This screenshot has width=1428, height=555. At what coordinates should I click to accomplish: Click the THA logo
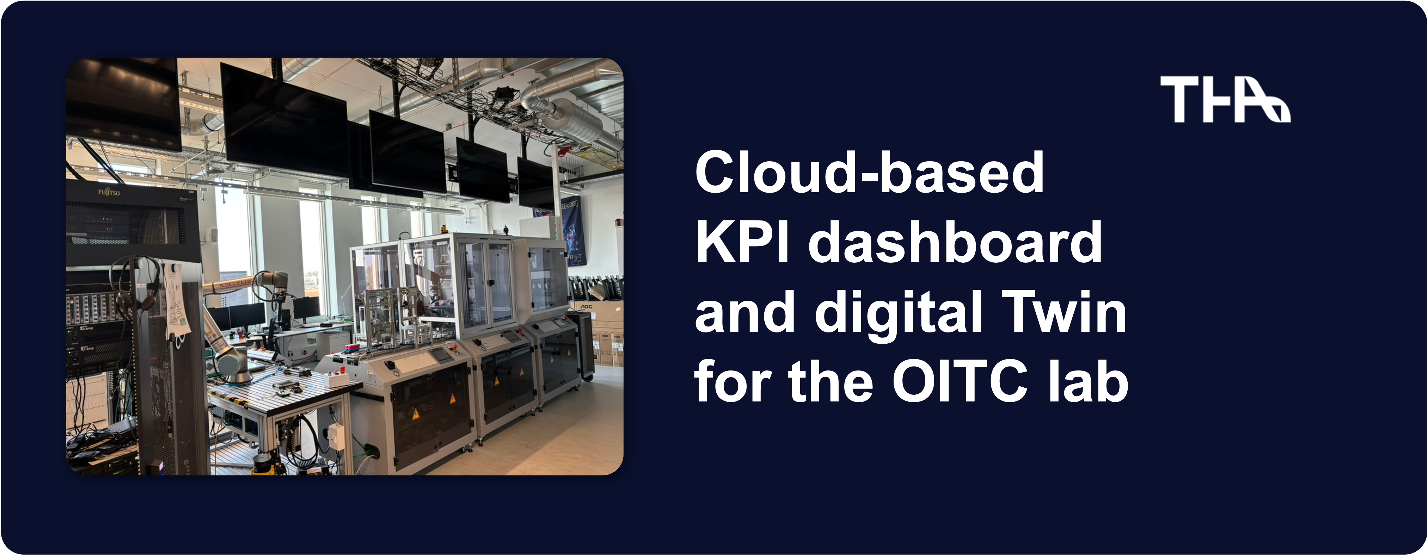[1225, 99]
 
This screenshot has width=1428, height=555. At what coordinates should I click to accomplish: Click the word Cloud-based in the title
[869, 173]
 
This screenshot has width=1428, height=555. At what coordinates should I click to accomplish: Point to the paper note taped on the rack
[176, 302]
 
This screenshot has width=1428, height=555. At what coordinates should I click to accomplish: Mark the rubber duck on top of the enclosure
[443, 228]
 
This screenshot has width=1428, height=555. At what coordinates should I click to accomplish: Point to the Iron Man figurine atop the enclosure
[505, 228]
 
